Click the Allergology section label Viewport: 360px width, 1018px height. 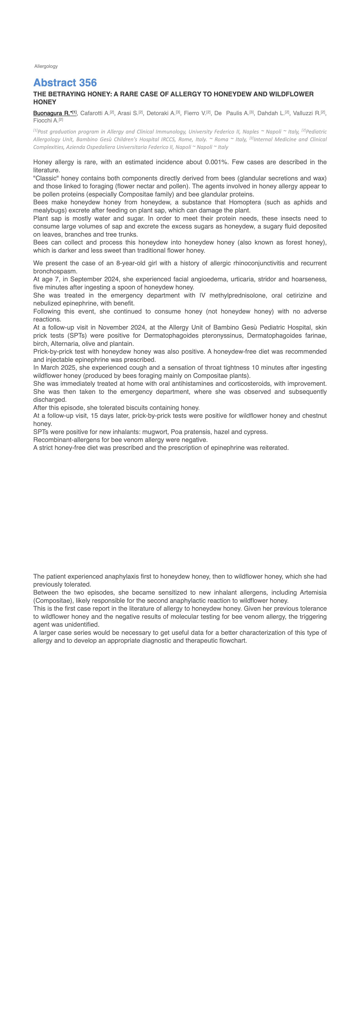[46, 66]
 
